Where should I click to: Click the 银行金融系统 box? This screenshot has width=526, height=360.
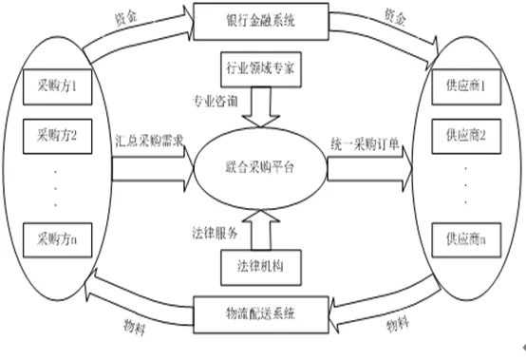point(261,22)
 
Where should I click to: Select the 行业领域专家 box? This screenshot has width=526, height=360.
point(261,69)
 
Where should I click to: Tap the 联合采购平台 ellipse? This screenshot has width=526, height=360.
point(260,168)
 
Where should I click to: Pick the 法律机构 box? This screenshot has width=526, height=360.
point(261,267)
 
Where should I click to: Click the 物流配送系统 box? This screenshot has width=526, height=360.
point(261,314)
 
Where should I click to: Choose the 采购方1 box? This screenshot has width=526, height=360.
point(57,86)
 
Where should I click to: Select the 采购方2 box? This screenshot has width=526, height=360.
point(57,136)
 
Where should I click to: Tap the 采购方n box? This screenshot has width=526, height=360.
point(57,240)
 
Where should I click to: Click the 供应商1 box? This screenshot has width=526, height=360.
point(466,86)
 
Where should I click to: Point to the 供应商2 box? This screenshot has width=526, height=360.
point(466,136)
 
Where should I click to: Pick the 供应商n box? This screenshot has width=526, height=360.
point(466,240)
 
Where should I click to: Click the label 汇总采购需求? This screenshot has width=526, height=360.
point(149,142)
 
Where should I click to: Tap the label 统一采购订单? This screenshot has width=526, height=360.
point(365,144)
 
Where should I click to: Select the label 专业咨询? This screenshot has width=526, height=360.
point(215,101)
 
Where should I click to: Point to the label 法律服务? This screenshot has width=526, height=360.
point(215,233)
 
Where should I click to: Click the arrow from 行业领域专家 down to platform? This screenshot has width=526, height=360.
point(261,107)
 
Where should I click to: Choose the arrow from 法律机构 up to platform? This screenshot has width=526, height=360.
point(261,230)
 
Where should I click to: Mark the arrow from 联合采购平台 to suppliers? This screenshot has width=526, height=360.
point(369,169)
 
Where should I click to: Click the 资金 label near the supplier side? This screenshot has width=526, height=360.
point(396,17)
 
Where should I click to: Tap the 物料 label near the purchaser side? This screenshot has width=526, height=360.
point(135,326)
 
